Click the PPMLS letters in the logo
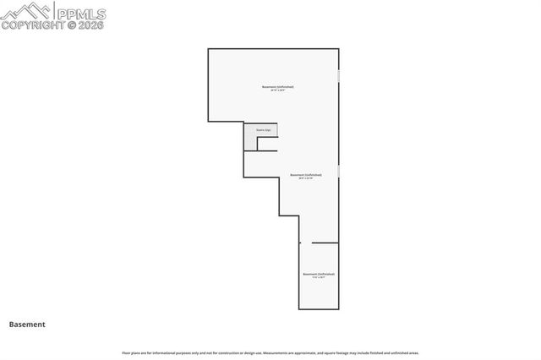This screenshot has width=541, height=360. [80, 13]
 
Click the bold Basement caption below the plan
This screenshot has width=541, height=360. [27, 324]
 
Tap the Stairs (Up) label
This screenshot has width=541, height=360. [263, 130]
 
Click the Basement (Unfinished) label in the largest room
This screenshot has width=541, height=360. [278, 86]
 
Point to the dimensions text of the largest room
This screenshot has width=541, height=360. [278, 90]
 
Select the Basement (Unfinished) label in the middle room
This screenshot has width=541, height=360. [306, 175]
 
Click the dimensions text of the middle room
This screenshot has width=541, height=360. [306, 179]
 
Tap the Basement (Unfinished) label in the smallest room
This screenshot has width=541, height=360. [319, 274]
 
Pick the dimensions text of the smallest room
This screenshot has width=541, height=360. [319, 278]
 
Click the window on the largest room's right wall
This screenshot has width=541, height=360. [339, 76]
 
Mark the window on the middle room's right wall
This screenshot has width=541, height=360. [339, 172]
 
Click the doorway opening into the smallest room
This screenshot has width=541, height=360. [306, 243]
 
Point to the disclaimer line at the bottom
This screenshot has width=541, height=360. [270, 352]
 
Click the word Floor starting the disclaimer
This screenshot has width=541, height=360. [125, 352]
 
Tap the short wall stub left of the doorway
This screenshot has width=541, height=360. [299, 243]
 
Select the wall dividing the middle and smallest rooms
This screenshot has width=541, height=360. [325, 243]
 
